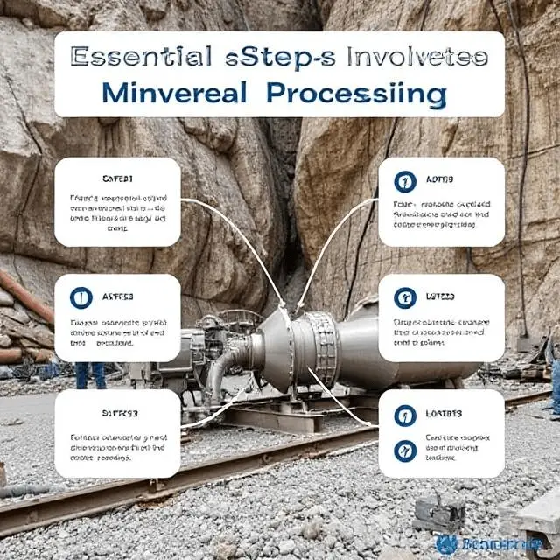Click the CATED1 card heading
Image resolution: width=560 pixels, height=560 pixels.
(117, 178)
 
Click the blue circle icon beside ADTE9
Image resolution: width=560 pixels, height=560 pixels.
(404, 182)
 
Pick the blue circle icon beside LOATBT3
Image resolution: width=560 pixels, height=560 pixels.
(404, 414)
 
